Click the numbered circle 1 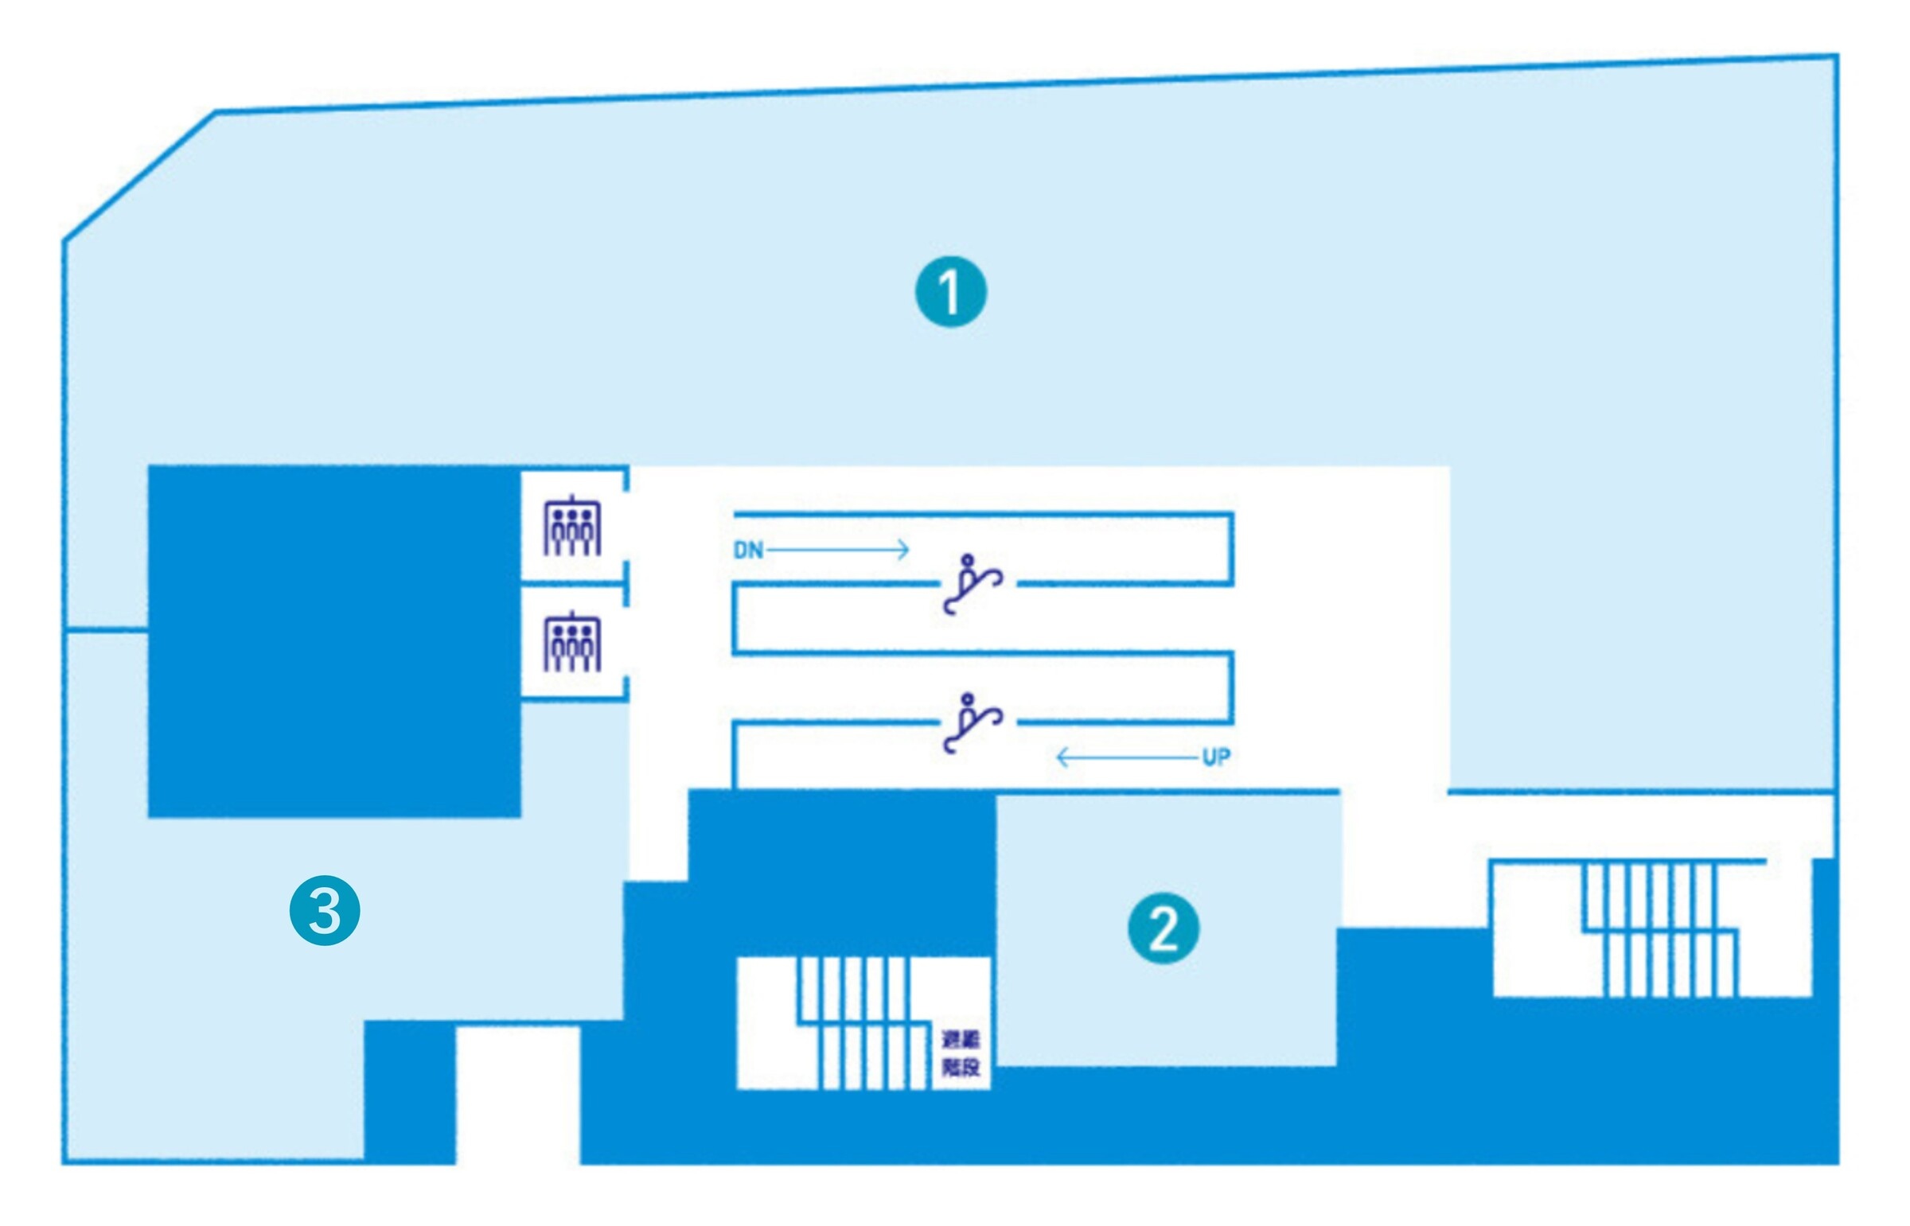pos(949,291)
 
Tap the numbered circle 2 pos(1164,928)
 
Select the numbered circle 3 pos(325,910)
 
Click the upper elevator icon pos(571,526)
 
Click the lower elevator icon pos(571,643)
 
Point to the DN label pos(747,550)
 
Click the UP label pos(1216,757)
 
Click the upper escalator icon pos(972,584)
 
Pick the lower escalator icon pos(972,723)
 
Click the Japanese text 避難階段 pos(961,1053)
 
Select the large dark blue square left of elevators pos(334,641)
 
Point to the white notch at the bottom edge pos(517,1095)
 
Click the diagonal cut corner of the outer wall pos(139,175)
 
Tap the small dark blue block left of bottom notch pos(409,1092)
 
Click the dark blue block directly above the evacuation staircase pos(840,872)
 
